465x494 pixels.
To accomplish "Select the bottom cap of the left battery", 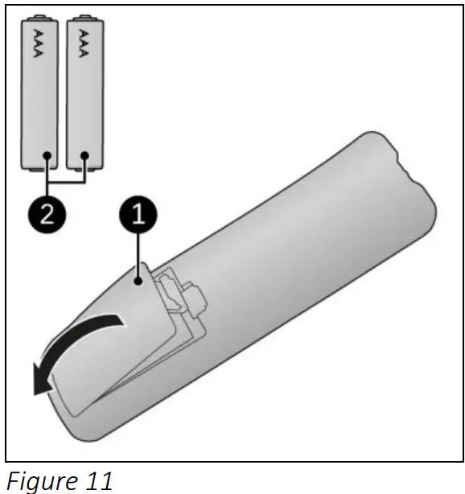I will (39, 167).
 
